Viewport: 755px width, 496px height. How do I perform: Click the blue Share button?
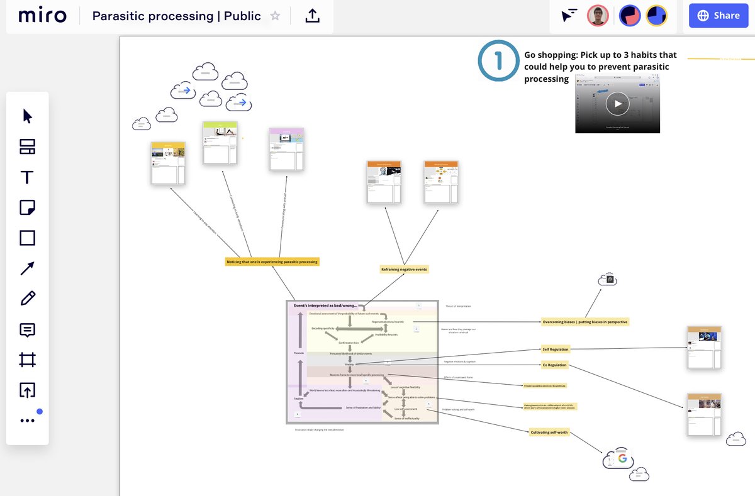(x=718, y=16)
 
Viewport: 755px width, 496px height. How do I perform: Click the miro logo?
(x=42, y=16)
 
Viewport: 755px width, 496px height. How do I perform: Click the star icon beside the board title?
(x=275, y=16)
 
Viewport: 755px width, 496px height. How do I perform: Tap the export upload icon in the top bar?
(x=312, y=16)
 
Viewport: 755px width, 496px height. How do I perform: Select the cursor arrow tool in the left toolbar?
(x=27, y=116)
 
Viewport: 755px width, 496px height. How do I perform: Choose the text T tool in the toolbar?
(x=27, y=177)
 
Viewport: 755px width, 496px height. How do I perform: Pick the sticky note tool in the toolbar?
(x=27, y=207)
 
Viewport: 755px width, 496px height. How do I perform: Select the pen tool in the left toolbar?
(x=27, y=299)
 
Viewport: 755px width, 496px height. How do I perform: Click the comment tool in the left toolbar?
(x=27, y=329)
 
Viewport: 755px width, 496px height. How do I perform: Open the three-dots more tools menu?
(x=27, y=421)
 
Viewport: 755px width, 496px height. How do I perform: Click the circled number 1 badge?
(x=499, y=62)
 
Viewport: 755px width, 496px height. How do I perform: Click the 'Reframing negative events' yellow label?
(x=404, y=269)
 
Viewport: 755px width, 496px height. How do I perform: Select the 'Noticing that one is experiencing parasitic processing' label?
(x=272, y=261)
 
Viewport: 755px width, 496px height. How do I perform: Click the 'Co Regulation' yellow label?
(x=554, y=365)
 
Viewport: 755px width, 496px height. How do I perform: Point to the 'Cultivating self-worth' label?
(x=549, y=432)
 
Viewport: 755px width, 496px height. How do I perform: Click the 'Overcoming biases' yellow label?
(x=585, y=322)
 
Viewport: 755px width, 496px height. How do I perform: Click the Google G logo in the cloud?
(x=622, y=459)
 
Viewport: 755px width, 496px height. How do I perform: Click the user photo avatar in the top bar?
(x=598, y=16)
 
